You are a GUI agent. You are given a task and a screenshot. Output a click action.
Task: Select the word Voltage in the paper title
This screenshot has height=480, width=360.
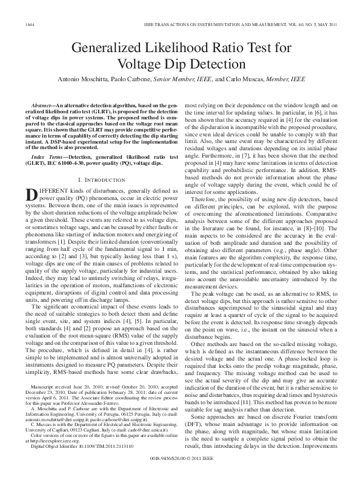click(140, 64)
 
